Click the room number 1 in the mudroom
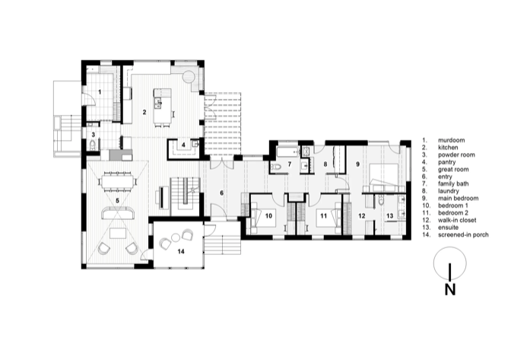pyautogui.click(x=100, y=92)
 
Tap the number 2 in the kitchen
pyautogui.click(x=144, y=112)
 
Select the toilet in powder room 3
pyautogui.click(x=92, y=145)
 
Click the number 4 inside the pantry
pyautogui.click(x=183, y=145)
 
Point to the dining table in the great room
pyautogui.click(x=117, y=181)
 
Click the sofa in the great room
pyautogui.click(x=119, y=214)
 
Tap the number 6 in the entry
pyautogui.click(x=221, y=193)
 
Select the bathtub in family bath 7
pyautogui.click(x=287, y=151)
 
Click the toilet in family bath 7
pyautogui.click(x=276, y=167)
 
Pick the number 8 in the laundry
pyautogui.click(x=325, y=164)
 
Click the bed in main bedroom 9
pyautogui.click(x=383, y=177)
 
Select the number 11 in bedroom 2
pyautogui.click(x=323, y=215)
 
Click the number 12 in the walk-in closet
pyautogui.click(x=362, y=215)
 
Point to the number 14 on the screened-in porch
pyautogui.click(x=181, y=251)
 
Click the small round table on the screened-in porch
pyautogui.click(x=176, y=238)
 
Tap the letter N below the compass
pyautogui.click(x=450, y=289)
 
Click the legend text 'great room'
pyautogui.click(x=453, y=169)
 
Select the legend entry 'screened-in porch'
pyautogui.click(x=463, y=234)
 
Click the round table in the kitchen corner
pyautogui.click(x=189, y=77)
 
